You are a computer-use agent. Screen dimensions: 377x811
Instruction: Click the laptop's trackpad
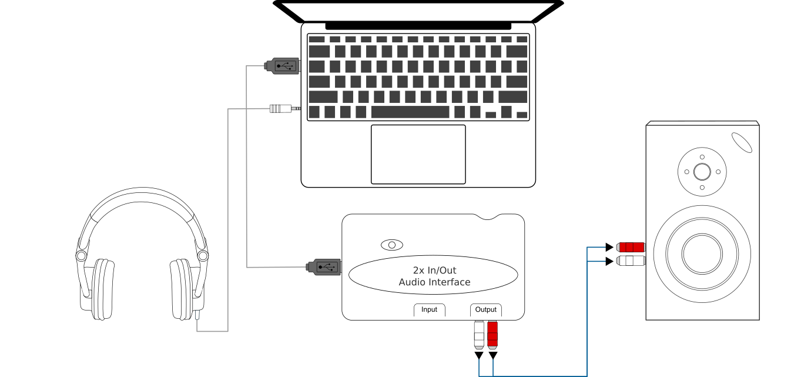[x=418, y=154]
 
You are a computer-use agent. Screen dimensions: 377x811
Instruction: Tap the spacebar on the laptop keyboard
[x=410, y=112]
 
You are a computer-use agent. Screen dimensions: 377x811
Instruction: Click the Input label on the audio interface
[x=429, y=309]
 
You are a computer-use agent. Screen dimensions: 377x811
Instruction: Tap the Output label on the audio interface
[x=486, y=309]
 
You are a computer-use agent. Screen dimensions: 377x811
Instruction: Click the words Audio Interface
[x=434, y=282]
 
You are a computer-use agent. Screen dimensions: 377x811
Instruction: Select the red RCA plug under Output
[x=492, y=334]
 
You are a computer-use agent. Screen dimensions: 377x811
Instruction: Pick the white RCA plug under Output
[x=478, y=334]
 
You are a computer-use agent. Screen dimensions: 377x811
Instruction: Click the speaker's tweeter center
[x=702, y=172]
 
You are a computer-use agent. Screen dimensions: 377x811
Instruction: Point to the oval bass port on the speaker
[x=742, y=142]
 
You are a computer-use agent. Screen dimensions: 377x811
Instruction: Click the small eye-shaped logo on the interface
[x=392, y=245]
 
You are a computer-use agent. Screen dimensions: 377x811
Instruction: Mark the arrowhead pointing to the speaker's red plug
[x=609, y=246]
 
